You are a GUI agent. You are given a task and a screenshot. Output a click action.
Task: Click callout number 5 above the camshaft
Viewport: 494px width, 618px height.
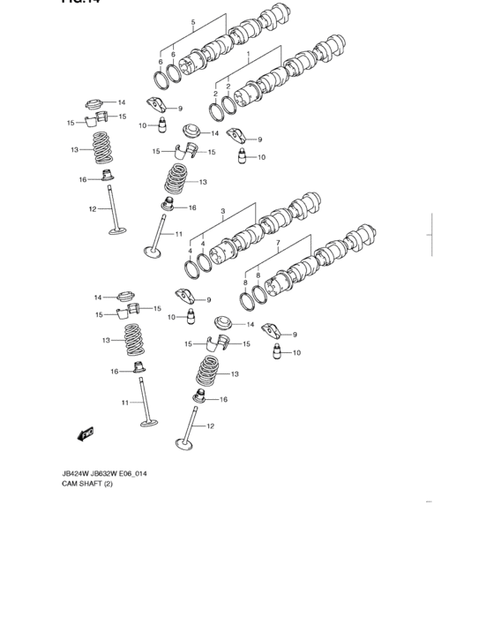[193, 20]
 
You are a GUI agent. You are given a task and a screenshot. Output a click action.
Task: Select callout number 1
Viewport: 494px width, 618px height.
[250, 54]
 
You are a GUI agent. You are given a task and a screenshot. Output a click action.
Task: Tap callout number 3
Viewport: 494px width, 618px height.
[223, 212]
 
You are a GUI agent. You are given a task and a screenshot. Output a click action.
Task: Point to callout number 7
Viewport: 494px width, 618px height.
[277, 243]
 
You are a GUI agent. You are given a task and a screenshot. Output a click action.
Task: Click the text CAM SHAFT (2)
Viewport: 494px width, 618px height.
[88, 484]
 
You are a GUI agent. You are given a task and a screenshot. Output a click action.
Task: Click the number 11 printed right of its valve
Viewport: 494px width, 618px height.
[178, 234]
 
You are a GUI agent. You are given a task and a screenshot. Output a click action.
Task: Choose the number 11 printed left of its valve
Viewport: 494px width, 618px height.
[126, 403]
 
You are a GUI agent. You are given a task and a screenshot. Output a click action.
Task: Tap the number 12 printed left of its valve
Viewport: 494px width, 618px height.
[92, 209]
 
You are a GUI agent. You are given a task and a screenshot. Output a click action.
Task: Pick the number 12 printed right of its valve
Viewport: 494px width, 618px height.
[209, 426]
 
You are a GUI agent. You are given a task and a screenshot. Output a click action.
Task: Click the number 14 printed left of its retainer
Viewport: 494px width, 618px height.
[98, 298]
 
